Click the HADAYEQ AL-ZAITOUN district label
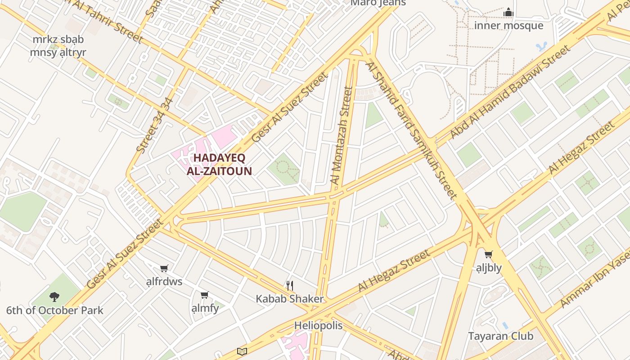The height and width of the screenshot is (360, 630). pyautogui.click(x=219, y=164)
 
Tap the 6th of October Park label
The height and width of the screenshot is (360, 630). pyautogui.click(x=54, y=310)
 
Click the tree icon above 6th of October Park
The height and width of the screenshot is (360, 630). pyautogui.click(x=54, y=297)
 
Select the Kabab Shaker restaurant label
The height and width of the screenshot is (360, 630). pyautogui.click(x=289, y=299)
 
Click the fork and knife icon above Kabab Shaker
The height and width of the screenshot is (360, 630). pyautogui.click(x=290, y=285)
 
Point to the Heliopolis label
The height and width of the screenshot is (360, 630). pyautogui.click(x=318, y=325)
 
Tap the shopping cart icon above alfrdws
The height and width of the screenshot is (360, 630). pyautogui.click(x=164, y=269)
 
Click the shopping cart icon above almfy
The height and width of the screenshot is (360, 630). pyautogui.click(x=205, y=295)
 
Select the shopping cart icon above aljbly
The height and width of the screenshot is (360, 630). pyautogui.click(x=489, y=255)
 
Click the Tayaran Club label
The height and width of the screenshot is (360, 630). pyautogui.click(x=500, y=336)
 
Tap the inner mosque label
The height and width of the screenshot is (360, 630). pyautogui.click(x=508, y=26)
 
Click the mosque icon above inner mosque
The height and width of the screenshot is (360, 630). pyautogui.click(x=508, y=12)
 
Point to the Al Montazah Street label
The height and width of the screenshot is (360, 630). pyautogui.click(x=341, y=135)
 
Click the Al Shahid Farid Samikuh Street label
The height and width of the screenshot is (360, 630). pyautogui.click(x=411, y=130)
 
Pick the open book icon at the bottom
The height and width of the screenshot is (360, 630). pyautogui.click(x=242, y=351)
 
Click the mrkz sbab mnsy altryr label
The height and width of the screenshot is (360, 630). pyautogui.click(x=58, y=46)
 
